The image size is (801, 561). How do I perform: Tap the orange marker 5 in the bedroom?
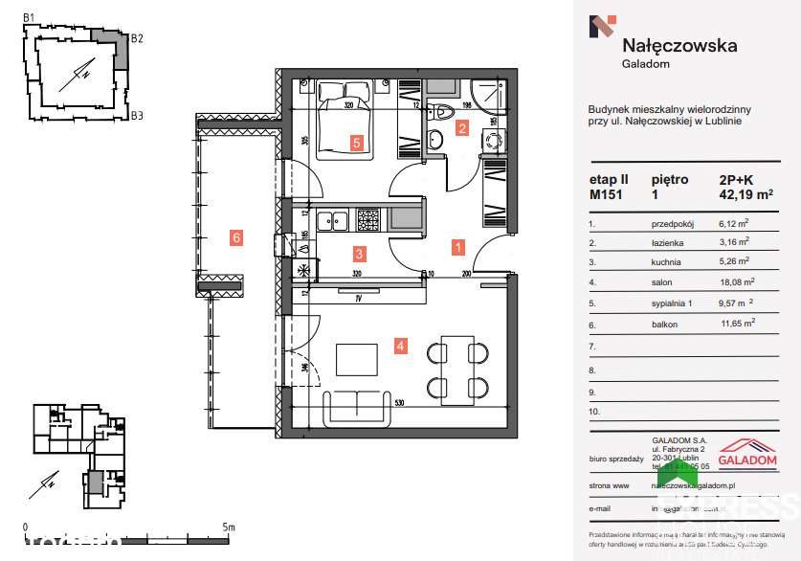356,144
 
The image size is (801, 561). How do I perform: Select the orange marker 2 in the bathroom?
461,127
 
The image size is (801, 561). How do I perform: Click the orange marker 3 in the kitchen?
359,254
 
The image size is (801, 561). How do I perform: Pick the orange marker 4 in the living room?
402,346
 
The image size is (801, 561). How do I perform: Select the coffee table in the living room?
357,360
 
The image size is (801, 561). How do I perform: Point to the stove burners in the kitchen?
369,220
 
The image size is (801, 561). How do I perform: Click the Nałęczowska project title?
679,44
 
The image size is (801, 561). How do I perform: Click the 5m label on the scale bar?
228,527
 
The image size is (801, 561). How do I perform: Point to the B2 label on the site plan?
137,39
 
